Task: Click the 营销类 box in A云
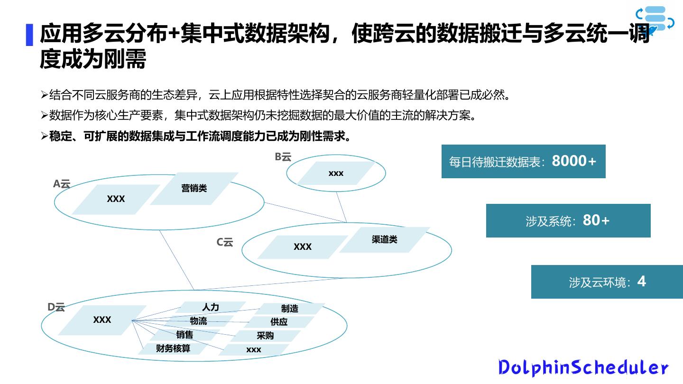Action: [194, 189]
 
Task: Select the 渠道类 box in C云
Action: [385, 240]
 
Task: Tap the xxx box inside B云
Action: [336, 174]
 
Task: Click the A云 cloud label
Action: [62, 184]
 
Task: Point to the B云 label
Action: [283, 157]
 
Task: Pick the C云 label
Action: [225, 242]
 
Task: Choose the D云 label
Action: [56, 307]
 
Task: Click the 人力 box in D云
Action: [211, 307]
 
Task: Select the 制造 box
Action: [289, 309]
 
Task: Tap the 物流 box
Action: [198, 321]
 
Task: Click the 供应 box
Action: [279, 322]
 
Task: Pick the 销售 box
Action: [185, 335]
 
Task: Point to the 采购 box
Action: [265, 336]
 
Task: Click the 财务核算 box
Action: [173, 348]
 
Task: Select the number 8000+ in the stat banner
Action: [574, 161]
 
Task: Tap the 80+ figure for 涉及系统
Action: [596, 220]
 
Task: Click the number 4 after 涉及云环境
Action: [641, 282]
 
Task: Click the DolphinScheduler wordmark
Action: [583, 367]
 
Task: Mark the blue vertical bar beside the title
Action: [29, 35]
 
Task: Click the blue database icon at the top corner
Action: [655, 19]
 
